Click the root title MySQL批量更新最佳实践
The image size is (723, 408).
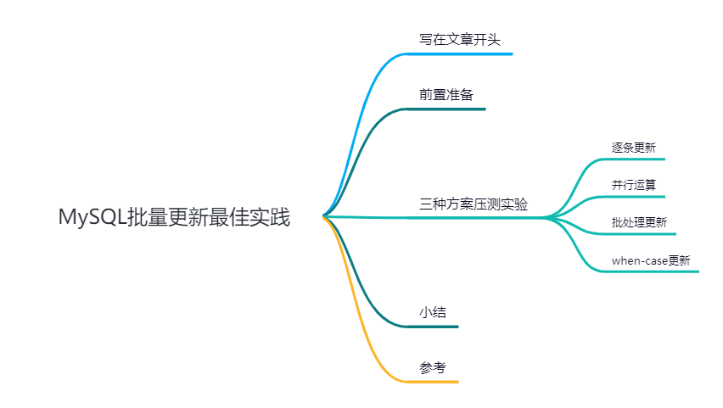tap(174, 218)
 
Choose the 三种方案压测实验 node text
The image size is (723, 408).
tap(473, 204)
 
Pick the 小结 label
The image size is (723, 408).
tap(432, 312)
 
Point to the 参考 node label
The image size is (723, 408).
tap(432, 367)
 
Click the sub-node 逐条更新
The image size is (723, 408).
tap(633, 147)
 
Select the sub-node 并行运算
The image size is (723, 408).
tap(633, 184)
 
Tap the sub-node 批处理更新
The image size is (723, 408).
tap(639, 222)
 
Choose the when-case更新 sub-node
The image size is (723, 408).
tap(651, 260)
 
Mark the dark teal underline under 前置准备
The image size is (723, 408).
tap(451, 109)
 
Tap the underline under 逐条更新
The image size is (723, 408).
tap(636, 159)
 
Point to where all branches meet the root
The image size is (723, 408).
tap(324, 217)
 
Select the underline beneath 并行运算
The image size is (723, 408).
tap(636, 197)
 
